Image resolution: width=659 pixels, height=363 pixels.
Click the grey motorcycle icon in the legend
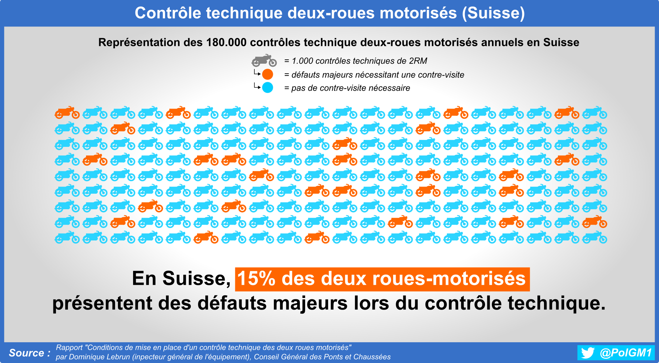264,60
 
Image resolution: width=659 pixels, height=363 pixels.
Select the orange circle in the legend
268,74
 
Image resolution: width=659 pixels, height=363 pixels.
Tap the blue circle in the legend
268,87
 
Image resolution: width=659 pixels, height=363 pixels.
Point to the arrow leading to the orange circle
257,72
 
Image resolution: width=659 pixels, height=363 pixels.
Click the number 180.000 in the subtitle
226,42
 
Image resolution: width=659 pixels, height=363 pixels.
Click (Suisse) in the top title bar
493,13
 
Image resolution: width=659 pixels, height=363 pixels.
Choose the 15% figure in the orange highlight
256,279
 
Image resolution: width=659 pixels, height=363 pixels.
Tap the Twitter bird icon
588,353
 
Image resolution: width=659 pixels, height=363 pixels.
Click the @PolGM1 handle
626,353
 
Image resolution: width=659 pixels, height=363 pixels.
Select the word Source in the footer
26,353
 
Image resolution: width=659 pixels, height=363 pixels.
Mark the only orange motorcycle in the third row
345,144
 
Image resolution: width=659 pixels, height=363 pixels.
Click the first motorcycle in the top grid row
67,113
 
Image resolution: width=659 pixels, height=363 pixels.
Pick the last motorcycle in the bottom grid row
595,237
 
